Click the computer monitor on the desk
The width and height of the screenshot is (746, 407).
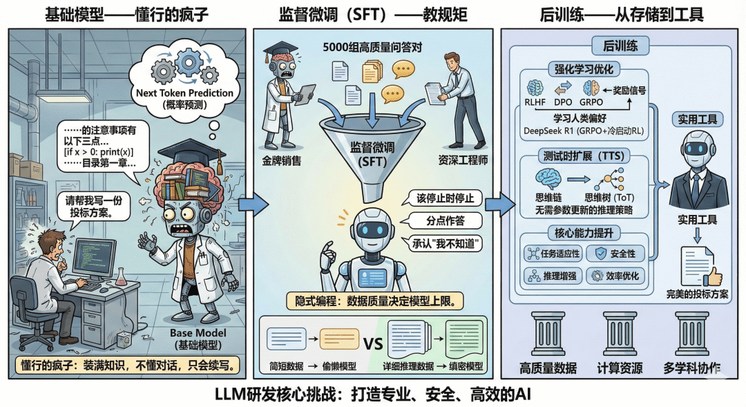(x=95, y=256)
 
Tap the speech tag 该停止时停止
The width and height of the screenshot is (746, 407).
(x=446, y=198)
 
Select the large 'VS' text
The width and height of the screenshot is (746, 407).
(x=373, y=343)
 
